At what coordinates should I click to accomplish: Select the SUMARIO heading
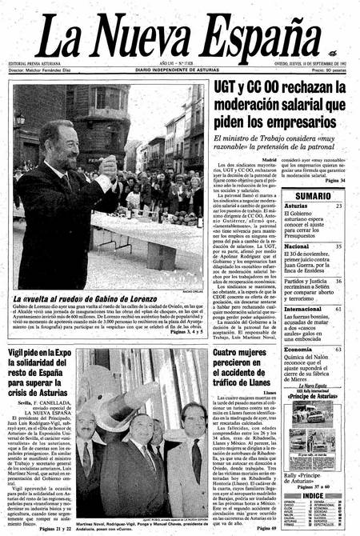[x=314, y=196]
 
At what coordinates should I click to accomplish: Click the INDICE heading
[x=314, y=496]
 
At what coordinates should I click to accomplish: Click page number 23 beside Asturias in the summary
[x=339, y=206]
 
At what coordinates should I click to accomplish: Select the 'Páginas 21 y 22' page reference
[x=52, y=529]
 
